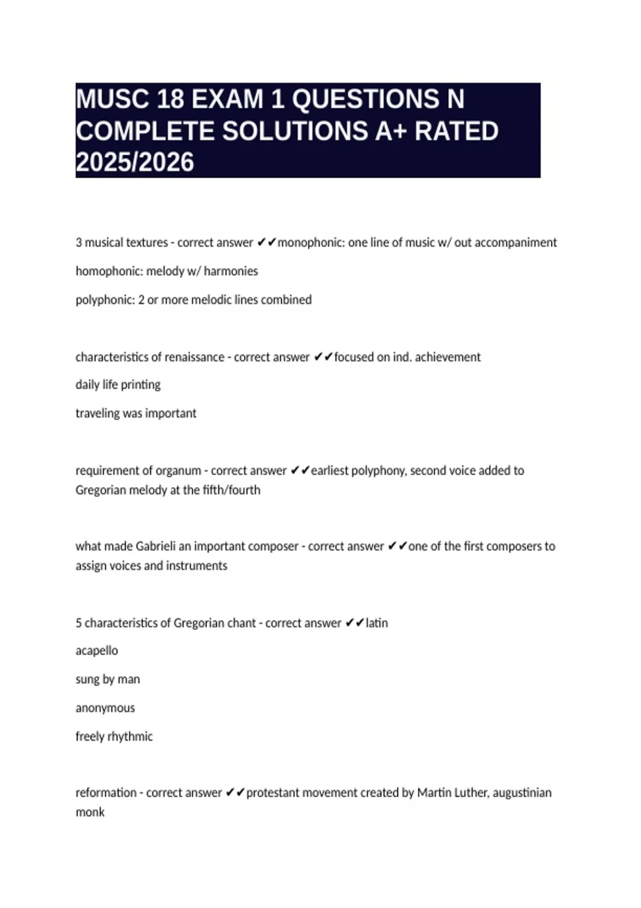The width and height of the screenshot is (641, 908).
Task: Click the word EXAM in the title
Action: (x=228, y=99)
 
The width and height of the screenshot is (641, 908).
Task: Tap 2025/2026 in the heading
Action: (x=135, y=162)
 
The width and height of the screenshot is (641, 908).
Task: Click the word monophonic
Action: (x=310, y=242)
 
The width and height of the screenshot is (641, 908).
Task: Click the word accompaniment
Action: (x=515, y=242)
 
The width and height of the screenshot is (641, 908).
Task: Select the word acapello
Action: (x=97, y=651)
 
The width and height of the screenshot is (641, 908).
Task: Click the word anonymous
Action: (x=105, y=708)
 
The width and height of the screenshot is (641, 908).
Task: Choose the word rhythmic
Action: (x=130, y=737)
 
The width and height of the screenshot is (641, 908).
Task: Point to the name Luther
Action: (x=467, y=793)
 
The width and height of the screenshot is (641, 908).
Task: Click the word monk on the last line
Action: (x=90, y=812)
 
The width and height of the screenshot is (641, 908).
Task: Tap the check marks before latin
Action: (x=355, y=623)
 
